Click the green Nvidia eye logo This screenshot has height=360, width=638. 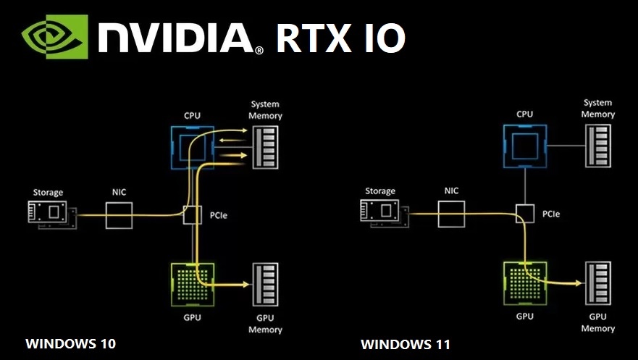53,37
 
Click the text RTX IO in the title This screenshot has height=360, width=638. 340,38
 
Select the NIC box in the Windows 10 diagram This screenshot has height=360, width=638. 119,215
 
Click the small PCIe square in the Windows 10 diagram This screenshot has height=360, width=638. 192,215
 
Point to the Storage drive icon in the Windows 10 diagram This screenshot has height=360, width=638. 51,213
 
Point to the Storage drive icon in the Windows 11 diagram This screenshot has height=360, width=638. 382,212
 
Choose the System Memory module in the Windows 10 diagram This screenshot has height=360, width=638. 266,148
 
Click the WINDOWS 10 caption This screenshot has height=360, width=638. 70,343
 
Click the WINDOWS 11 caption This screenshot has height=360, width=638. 405,343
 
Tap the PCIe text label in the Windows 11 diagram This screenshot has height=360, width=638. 550,214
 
